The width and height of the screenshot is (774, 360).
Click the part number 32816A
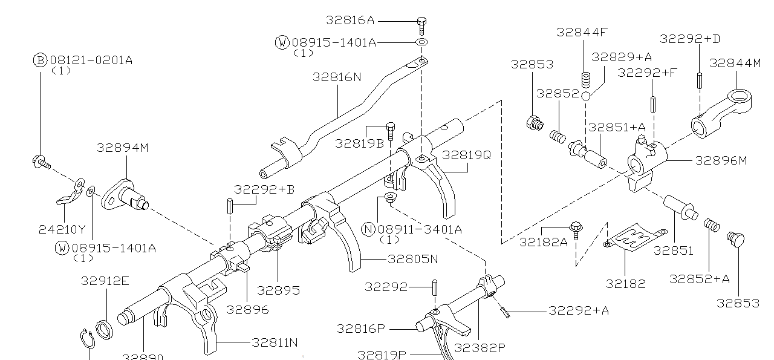350,21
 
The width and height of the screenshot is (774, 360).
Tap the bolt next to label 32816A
422,25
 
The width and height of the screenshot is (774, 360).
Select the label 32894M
122,148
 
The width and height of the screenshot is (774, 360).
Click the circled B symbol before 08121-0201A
40,60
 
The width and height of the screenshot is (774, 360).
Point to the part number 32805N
412,259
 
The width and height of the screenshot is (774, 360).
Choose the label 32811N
275,342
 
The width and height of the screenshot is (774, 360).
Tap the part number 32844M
735,63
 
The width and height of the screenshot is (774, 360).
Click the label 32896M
721,160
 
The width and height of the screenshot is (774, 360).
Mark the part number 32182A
544,242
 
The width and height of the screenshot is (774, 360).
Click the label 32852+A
699,278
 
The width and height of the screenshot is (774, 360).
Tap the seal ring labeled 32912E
105,329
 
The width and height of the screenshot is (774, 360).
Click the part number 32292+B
264,189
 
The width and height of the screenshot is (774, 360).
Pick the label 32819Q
466,155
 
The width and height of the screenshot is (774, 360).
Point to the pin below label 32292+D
698,79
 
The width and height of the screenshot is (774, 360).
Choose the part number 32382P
480,347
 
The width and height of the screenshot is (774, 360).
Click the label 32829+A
621,57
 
